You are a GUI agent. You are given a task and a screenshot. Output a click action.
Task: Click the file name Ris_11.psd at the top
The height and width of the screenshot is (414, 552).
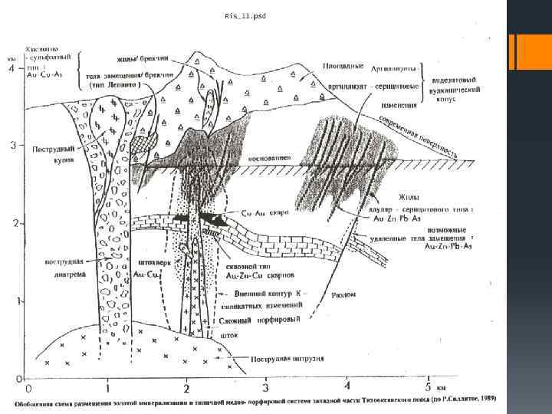[x=245, y=15]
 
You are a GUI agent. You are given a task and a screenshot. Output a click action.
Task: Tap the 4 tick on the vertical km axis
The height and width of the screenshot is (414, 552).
[x=11, y=68]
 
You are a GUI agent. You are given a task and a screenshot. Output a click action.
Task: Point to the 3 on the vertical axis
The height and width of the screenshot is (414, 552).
[x=11, y=144]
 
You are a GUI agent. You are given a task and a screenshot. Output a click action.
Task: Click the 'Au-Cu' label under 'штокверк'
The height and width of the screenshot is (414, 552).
[x=146, y=273]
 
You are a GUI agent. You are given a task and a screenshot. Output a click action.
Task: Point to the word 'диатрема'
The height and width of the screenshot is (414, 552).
[x=61, y=271]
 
